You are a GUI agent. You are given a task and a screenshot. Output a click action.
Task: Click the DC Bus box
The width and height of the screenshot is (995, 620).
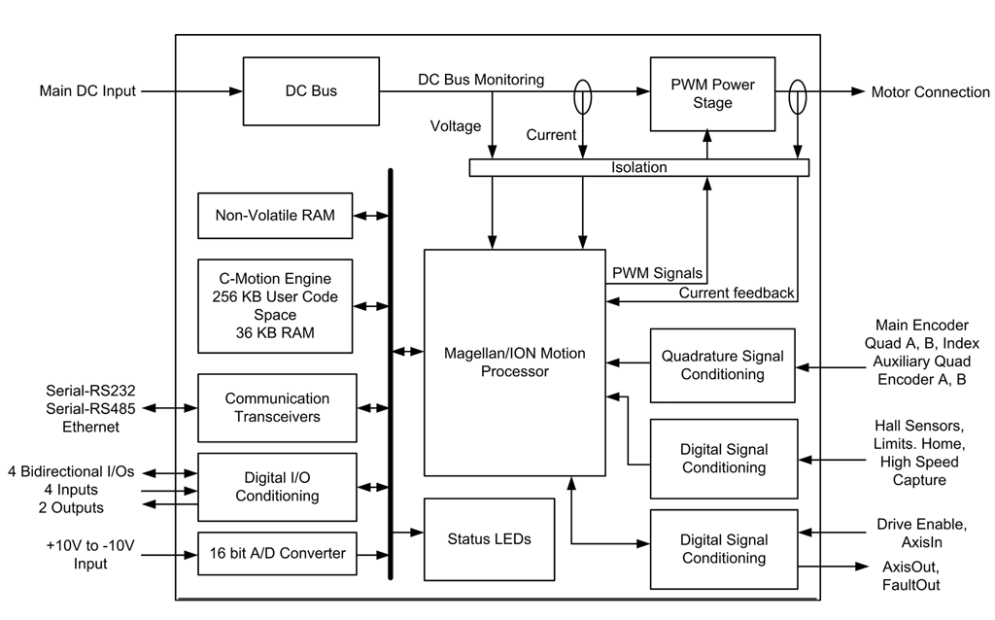310,91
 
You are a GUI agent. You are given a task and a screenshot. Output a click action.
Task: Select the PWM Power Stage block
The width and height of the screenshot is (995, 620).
713,93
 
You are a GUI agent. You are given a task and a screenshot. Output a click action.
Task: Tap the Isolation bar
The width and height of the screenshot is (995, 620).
638,168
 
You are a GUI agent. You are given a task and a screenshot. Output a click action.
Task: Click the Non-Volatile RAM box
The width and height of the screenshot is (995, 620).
274,216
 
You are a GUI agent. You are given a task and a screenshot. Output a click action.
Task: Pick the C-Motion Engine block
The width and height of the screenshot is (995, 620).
274,305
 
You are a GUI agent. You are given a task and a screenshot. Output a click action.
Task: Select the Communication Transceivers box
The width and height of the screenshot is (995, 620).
276,407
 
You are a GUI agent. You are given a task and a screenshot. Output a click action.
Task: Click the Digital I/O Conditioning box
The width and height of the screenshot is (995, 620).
276,487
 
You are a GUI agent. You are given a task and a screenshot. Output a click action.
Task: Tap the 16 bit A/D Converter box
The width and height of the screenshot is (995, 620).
276,553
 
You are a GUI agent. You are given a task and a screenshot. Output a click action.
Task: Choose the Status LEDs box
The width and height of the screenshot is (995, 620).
489,537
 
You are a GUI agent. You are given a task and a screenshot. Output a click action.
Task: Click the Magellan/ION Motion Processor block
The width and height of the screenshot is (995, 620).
515,362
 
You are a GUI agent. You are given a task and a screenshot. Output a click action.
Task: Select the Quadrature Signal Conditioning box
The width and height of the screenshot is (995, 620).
722,365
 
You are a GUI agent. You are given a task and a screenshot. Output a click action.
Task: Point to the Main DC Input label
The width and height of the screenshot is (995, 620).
87,91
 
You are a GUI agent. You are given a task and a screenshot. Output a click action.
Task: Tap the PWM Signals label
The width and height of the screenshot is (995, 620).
658,274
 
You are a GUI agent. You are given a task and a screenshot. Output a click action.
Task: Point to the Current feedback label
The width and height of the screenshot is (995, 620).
736,293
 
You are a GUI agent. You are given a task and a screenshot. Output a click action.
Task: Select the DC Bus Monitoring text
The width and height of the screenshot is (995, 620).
481,79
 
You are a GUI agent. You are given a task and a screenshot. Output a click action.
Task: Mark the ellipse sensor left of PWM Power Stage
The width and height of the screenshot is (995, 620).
582,98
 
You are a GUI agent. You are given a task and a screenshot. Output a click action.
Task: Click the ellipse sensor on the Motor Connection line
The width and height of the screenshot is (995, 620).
797,98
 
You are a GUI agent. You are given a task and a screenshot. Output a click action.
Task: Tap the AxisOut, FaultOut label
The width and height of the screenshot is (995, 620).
910,575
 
